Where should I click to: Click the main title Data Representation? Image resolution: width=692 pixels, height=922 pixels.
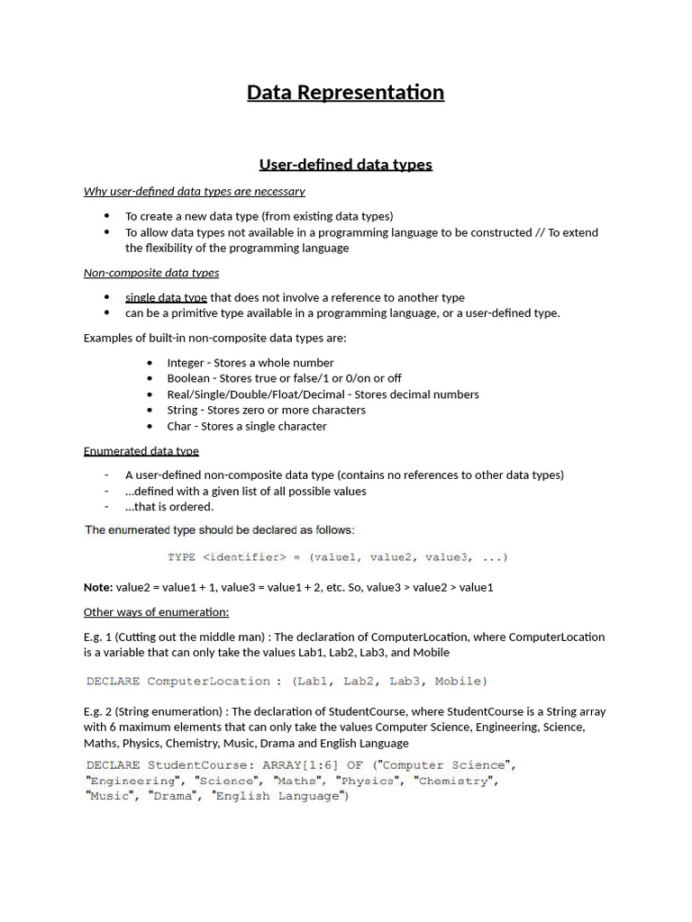[x=345, y=93]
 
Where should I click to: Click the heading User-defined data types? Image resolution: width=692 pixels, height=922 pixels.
[x=345, y=164]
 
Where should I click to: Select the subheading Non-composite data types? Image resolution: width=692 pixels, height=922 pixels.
[x=151, y=273]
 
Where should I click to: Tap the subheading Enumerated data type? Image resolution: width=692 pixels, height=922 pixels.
[x=141, y=450]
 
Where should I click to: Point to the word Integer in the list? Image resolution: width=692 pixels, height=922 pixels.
[x=186, y=363]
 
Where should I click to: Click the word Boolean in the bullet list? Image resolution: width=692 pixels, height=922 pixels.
[x=188, y=378]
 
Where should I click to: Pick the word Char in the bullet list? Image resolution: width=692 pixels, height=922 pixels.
[x=179, y=426]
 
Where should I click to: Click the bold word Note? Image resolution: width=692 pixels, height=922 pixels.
[x=98, y=587]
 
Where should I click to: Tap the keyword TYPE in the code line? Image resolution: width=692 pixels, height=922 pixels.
[x=182, y=557]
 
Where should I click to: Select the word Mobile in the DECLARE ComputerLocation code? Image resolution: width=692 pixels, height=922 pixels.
[x=460, y=681]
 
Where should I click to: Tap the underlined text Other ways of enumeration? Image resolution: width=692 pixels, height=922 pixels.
[x=156, y=612]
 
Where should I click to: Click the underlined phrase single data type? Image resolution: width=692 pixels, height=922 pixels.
[x=166, y=297]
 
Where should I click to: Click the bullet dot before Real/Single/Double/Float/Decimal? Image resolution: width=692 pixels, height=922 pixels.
[x=149, y=394]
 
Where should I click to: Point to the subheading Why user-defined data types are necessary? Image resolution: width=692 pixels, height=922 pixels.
[x=195, y=191]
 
